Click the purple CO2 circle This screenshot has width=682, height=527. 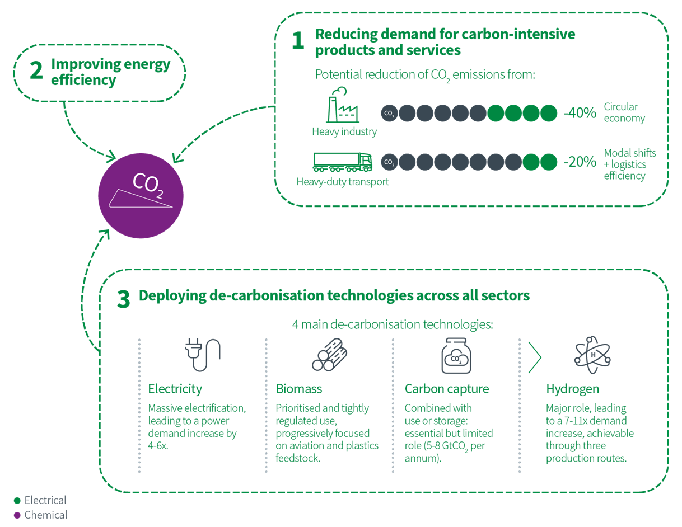(x=141, y=196)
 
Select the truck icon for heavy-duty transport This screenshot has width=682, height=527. (x=343, y=162)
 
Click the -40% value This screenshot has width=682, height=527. (x=580, y=113)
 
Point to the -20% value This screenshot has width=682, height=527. (x=580, y=162)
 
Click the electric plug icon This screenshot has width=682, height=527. (x=203, y=355)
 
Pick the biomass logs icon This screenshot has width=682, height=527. (x=329, y=355)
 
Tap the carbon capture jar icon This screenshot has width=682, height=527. (x=456, y=355)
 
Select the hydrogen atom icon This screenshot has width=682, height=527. (x=592, y=355)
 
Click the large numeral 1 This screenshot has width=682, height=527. (x=298, y=40)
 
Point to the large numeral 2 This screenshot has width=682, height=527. (x=36, y=70)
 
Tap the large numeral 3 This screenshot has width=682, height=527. (x=123, y=299)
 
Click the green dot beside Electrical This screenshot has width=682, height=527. (x=17, y=500)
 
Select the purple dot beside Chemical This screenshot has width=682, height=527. (x=17, y=515)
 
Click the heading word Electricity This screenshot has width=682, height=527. (x=175, y=389)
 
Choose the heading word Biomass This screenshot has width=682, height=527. (x=299, y=389)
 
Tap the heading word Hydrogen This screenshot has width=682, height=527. (x=572, y=389)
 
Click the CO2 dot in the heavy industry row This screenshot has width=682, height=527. (x=389, y=113)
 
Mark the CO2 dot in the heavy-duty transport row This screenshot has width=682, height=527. (x=389, y=162)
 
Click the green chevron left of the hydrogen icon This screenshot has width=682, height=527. (x=535, y=357)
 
